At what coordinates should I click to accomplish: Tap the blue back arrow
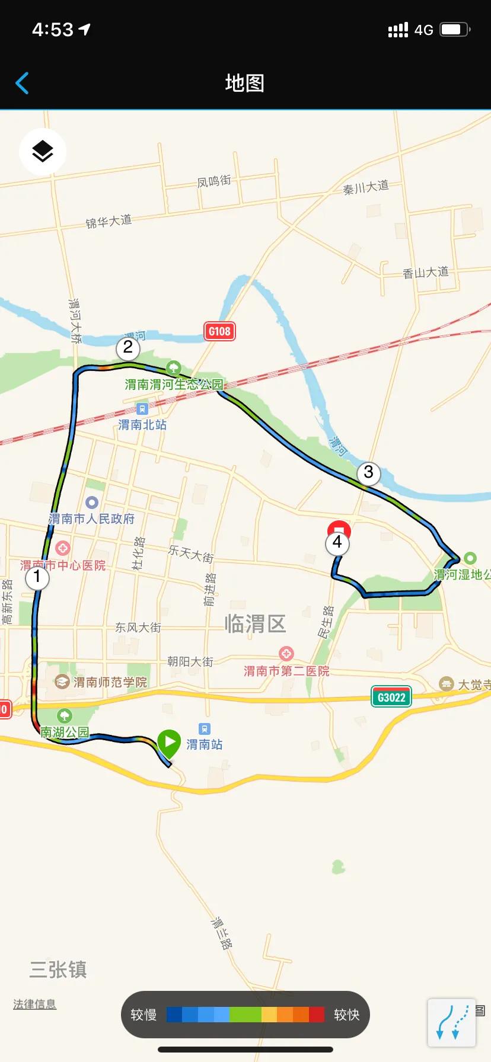pyautogui.click(x=22, y=83)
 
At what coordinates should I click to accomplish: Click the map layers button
pyautogui.click(x=43, y=152)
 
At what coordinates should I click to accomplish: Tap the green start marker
pyautogui.click(x=169, y=742)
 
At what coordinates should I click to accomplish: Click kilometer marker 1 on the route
pyautogui.click(x=37, y=577)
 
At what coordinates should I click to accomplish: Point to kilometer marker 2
pyautogui.click(x=128, y=348)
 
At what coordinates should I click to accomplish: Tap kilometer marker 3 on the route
pyautogui.click(x=368, y=473)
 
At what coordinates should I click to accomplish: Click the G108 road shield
pyautogui.click(x=219, y=331)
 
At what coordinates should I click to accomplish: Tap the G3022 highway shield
pyautogui.click(x=391, y=698)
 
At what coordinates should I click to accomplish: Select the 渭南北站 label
pyautogui.click(x=142, y=425)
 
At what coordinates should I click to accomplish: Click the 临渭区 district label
pyautogui.click(x=255, y=624)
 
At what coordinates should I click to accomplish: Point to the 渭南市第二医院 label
pyautogui.click(x=286, y=671)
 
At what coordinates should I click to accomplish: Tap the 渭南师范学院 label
pyautogui.click(x=110, y=682)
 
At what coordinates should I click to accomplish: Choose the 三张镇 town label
pyautogui.click(x=58, y=970)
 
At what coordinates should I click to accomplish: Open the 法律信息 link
pyautogui.click(x=35, y=1004)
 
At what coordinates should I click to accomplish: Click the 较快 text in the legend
pyautogui.click(x=346, y=1015)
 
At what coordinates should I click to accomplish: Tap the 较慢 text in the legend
pyautogui.click(x=144, y=1015)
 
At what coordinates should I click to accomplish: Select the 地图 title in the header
pyautogui.click(x=245, y=83)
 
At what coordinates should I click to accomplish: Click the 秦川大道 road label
pyautogui.click(x=366, y=187)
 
